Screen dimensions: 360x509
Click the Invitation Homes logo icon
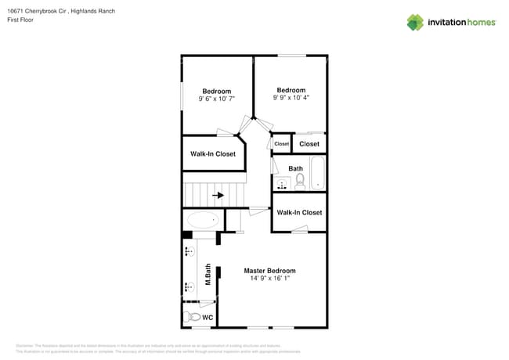(415, 22)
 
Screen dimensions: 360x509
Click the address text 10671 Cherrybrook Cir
(41, 11)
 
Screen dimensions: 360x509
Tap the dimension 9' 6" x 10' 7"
(216, 99)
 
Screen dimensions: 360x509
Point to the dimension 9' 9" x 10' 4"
(291, 98)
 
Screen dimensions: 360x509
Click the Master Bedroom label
(269, 271)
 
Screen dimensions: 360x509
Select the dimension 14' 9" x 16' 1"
(269, 279)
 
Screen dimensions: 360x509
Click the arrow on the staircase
(218, 195)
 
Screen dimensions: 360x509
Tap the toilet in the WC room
(193, 318)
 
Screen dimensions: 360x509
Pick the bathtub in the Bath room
(317, 173)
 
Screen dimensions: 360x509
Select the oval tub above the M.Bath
(203, 220)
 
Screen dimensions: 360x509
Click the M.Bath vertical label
(208, 274)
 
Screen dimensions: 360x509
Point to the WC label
(208, 318)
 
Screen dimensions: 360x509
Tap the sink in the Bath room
(282, 184)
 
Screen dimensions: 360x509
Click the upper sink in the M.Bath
(190, 252)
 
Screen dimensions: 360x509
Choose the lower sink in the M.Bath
(190, 286)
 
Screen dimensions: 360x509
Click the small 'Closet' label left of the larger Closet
(281, 144)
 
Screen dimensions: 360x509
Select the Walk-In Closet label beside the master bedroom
(299, 213)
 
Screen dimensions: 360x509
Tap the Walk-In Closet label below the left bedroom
(213, 154)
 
